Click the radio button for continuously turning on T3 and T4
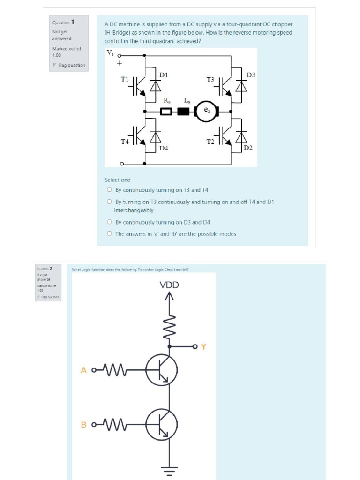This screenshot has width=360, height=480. (x=109, y=190)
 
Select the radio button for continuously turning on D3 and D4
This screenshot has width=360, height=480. (x=109, y=222)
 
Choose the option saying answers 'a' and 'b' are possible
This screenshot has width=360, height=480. (x=109, y=233)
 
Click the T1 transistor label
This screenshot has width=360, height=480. (x=125, y=80)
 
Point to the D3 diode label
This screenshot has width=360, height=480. (x=251, y=75)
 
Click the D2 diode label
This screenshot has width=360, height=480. (x=248, y=148)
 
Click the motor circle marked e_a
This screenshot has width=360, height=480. (x=207, y=112)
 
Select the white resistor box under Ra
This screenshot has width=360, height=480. (x=166, y=112)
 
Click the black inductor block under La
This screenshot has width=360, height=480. (x=183, y=112)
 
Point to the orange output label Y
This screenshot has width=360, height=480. (x=203, y=347)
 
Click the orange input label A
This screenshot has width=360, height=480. (x=84, y=370)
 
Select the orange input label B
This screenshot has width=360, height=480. (x=84, y=425)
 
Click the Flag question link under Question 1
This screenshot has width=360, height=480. (x=69, y=66)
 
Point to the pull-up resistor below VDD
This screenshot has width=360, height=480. (x=169, y=323)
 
